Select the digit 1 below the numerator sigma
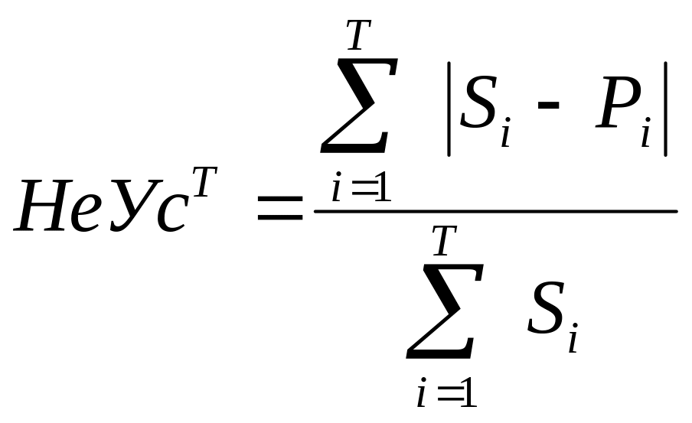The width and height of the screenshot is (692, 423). pyautogui.click(x=382, y=189)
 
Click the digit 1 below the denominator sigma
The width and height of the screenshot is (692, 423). pyautogui.click(x=467, y=394)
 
